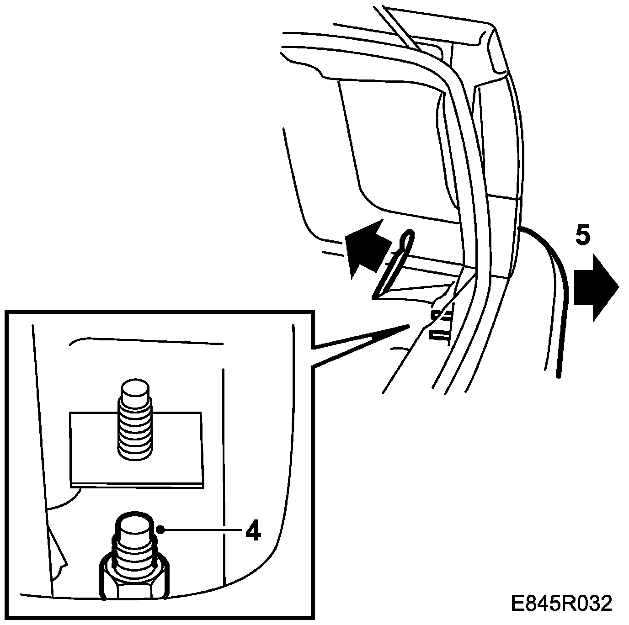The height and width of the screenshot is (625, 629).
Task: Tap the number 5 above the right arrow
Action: [x=582, y=236]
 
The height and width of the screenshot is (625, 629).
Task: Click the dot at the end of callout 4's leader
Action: [x=160, y=530]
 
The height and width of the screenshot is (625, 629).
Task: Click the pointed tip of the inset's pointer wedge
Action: [x=408, y=325]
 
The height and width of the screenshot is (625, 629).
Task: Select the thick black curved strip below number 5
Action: [x=555, y=283]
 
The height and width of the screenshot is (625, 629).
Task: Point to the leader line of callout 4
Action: [x=201, y=530]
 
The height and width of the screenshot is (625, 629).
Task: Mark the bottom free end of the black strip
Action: [x=558, y=376]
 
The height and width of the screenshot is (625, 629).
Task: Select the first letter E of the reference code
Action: [x=518, y=604]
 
